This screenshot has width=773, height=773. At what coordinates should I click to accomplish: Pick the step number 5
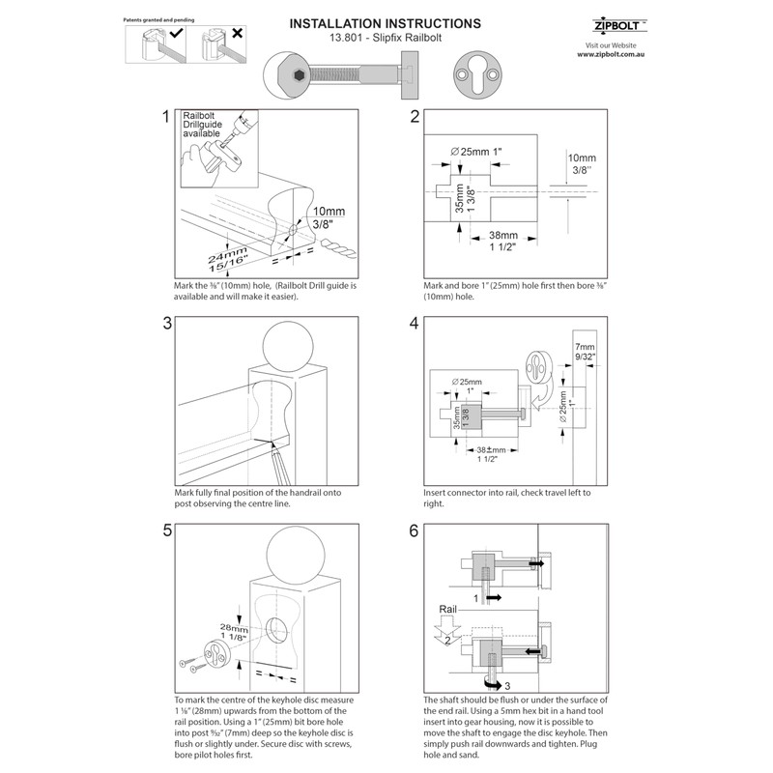(166, 531)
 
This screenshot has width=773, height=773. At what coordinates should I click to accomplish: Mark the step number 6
(415, 531)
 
